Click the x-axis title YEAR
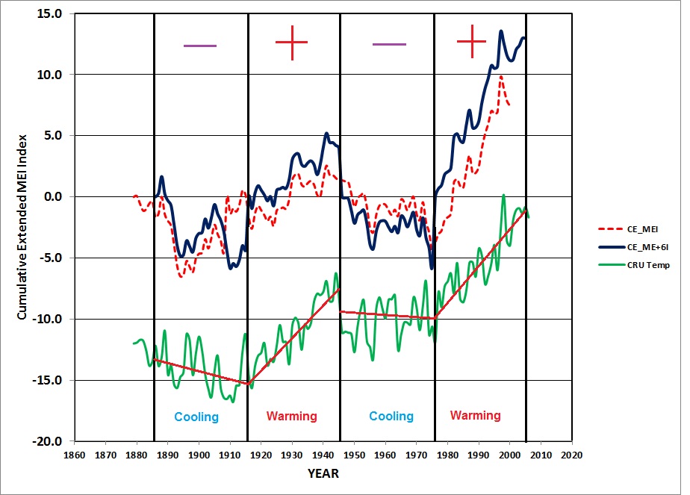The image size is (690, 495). click(323, 473)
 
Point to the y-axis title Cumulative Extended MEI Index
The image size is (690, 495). click(22, 227)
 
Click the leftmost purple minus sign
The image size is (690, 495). click(199, 46)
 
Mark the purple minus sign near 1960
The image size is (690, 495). click(389, 45)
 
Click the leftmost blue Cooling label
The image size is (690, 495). click(196, 417)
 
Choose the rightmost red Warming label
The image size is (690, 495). click(476, 415)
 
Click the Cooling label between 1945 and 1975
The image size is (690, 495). click(391, 416)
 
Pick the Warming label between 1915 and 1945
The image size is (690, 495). click(292, 416)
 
